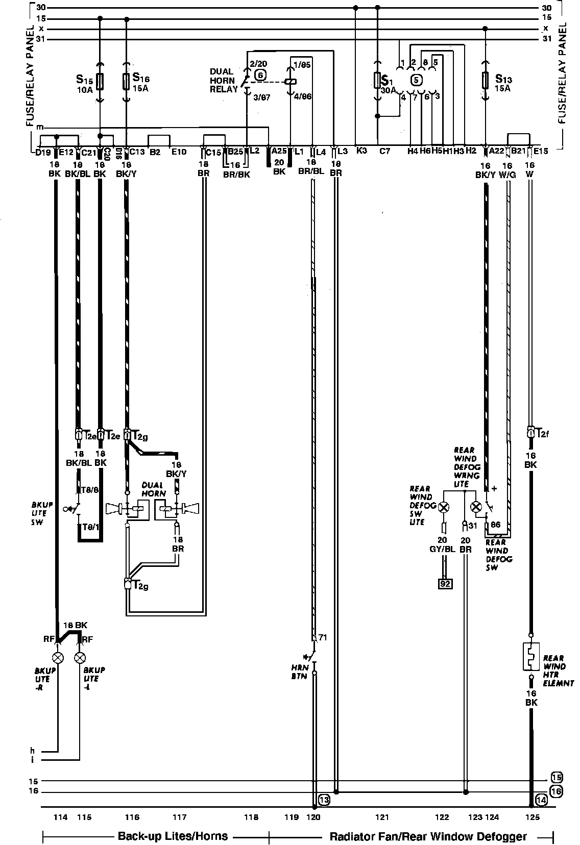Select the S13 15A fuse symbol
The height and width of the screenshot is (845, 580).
(485, 80)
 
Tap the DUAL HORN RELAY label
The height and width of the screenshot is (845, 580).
(224, 80)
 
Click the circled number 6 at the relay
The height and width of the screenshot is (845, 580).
(260, 74)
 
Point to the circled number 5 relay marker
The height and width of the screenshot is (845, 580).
(417, 80)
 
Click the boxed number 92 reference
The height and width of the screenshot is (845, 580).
(445, 583)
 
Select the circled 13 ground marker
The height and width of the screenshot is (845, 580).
(324, 800)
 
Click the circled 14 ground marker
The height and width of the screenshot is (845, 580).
(541, 800)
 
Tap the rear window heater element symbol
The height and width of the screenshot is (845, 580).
(531, 656)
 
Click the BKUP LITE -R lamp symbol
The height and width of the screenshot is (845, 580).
(58, 657)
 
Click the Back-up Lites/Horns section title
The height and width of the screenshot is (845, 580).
(173, 836)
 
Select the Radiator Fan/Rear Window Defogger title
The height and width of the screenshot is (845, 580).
(428, 836)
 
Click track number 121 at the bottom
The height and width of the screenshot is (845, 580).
(382, 817)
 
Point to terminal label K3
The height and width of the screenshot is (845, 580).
(361, 151)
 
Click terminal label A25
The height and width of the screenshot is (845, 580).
(279, 151)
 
